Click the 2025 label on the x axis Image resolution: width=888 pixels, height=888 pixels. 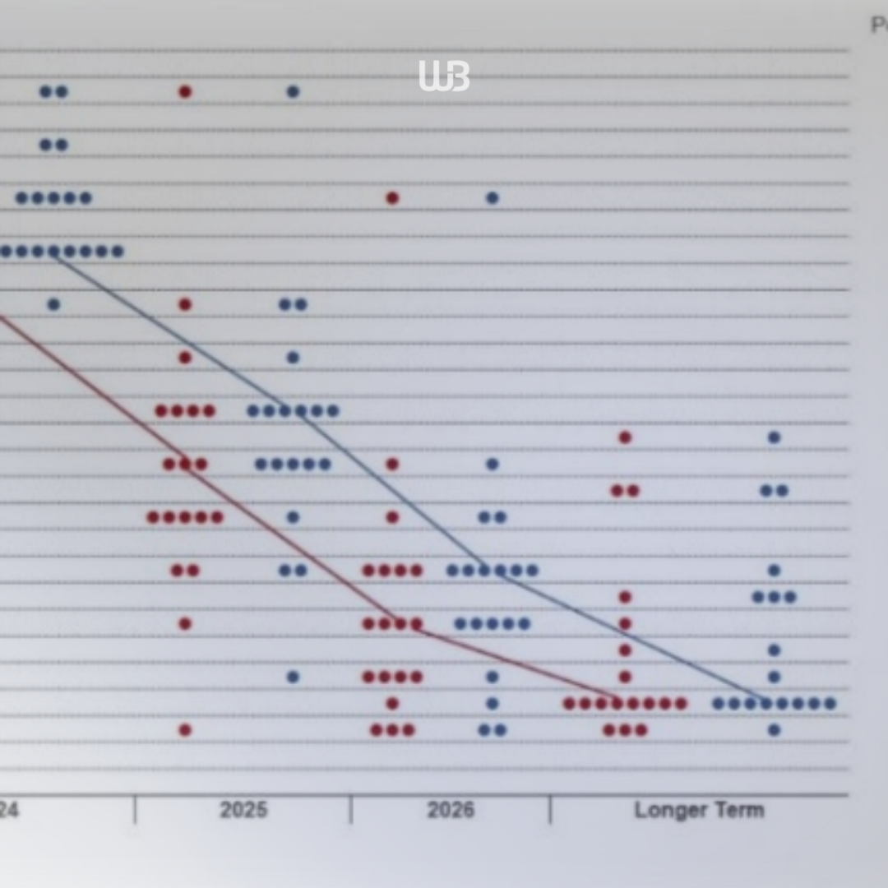[243, 810]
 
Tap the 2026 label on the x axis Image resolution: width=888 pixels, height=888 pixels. [451, 810]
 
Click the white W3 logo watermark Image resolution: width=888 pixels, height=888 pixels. [444, 76]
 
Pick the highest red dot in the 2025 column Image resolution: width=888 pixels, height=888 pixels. [185, 91]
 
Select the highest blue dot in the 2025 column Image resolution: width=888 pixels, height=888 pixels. [293, 91]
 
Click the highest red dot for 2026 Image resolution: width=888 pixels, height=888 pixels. [392, 198]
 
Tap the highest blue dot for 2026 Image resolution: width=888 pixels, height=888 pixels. [492, 198]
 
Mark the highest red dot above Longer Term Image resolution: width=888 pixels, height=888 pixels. [625, 437]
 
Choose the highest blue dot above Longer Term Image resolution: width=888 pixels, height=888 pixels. [774, 437]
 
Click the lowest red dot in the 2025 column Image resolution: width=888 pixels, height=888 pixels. [185, 729]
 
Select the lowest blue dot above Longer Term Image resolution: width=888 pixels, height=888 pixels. [774, 729]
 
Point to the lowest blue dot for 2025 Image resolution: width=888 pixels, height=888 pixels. [293, 677]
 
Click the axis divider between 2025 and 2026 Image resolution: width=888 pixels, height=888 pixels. [351, 810]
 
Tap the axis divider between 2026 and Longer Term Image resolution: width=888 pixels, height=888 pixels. [550, 810]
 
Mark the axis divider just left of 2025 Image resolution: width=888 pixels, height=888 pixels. [135, 810]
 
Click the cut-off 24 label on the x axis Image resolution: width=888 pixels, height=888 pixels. [8, 810]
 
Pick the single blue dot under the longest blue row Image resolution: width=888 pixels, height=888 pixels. [53, 304]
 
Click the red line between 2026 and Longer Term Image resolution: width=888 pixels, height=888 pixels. [510, 660]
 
